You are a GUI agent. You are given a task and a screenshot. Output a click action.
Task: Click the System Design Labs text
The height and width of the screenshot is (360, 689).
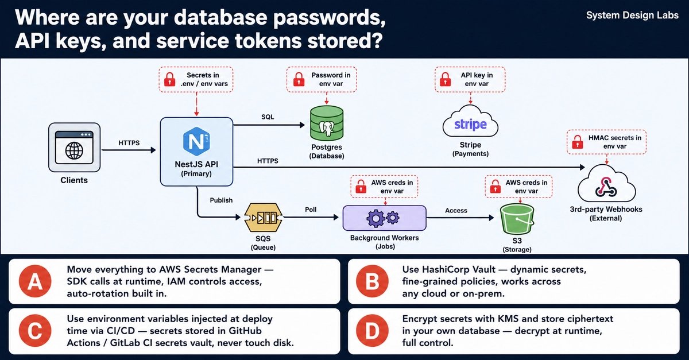[x=632, y=16]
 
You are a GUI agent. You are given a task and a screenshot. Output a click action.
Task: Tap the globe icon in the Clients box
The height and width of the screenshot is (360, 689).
[x=74, y=151]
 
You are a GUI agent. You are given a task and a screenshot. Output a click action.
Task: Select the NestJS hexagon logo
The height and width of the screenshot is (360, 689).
[x=196, y=141]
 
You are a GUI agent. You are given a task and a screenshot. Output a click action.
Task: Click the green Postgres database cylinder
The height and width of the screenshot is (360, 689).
[x=327, y=123]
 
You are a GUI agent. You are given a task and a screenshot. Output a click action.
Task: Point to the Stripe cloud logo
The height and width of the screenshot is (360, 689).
[x=470, y=122]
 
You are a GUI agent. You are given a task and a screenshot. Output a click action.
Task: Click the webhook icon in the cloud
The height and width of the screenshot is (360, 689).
[x=606, y=187]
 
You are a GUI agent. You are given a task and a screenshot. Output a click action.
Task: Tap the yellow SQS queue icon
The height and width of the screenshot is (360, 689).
[x=264, y=218]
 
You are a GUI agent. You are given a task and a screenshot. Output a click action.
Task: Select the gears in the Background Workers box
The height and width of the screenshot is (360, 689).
[x=382, y=218]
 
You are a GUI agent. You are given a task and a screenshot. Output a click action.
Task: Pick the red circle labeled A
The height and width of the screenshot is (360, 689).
[x=35, y=281]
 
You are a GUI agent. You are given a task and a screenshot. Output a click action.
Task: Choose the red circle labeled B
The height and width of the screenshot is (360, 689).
[x=372, y=281]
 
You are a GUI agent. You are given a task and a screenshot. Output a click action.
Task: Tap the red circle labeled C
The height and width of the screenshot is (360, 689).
[x=35, y=331]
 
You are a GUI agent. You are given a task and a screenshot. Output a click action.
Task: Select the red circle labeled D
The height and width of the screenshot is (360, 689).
[x=372, y=331]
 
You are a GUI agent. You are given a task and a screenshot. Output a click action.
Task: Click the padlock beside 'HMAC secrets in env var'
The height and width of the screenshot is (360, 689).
[x=578, y=142]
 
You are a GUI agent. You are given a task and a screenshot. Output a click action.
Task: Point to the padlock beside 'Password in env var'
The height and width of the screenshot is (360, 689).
[x=299, y=79]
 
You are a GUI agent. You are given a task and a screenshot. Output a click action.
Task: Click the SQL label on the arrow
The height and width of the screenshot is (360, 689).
[x=268, y=117]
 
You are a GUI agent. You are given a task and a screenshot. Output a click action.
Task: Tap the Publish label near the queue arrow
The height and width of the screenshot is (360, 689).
[x=221, y=200]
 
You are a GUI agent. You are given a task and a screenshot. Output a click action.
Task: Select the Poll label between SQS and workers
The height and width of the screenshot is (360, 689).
[x=311, y=210]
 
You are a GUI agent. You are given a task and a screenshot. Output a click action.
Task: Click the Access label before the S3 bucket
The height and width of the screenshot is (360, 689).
[x=456, y=211]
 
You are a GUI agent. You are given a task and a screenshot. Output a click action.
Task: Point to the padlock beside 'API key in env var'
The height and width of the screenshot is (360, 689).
[x=445, y=79]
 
